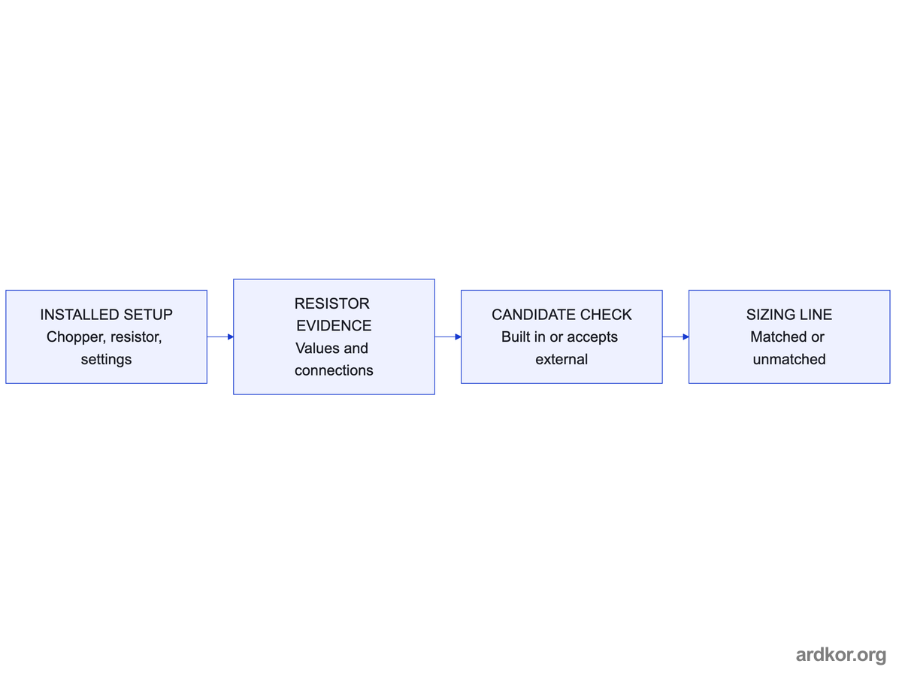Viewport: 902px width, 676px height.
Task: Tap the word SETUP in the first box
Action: click(x=148, y=315)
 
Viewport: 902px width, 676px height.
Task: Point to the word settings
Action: click(x=106, y=360)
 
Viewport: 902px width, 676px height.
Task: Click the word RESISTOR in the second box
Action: click(x=331, y=303)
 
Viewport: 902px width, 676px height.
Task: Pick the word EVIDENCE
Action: click(x=334, y=326)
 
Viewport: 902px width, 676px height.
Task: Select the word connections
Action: click(x=334, y=370)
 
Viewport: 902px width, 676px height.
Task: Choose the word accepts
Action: click(x=592, y=337)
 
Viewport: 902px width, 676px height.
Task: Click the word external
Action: click(x=561, y=360)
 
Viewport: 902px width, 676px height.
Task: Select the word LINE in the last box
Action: click(x=816, y=315)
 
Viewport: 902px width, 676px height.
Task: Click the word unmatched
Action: click(x=789, y=360)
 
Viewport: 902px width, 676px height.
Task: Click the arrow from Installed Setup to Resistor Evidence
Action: click(x=220, y=337)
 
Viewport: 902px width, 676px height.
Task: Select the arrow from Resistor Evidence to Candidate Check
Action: click(x=448, y=337)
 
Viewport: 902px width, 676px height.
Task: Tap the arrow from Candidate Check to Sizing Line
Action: click(x=676, y=337)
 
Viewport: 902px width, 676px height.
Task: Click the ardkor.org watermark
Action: click(x=841, y=656)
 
